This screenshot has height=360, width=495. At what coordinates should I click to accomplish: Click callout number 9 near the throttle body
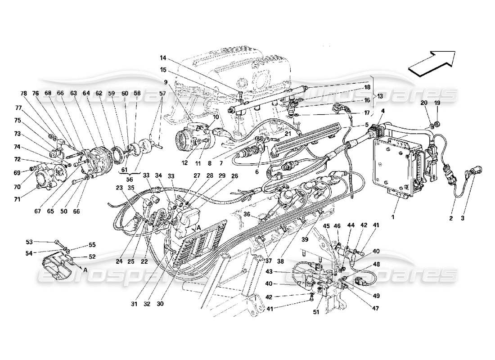166,82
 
